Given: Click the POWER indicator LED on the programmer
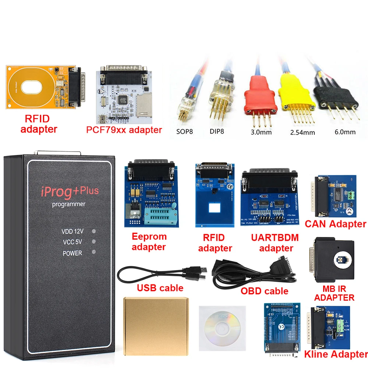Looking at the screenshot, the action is click(94, 252).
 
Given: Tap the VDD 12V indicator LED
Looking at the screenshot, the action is click(94, 231).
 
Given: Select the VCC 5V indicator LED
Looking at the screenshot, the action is click(94, 242).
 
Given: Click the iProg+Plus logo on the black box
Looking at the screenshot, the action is click(70, 191).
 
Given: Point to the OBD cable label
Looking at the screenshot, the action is click(264, 291).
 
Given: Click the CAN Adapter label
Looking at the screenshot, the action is click(335, 224).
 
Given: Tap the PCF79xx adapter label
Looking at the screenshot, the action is click(124, 130).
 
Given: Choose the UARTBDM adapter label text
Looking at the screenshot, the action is click(275, 243).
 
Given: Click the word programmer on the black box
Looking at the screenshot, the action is click(68, 204).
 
